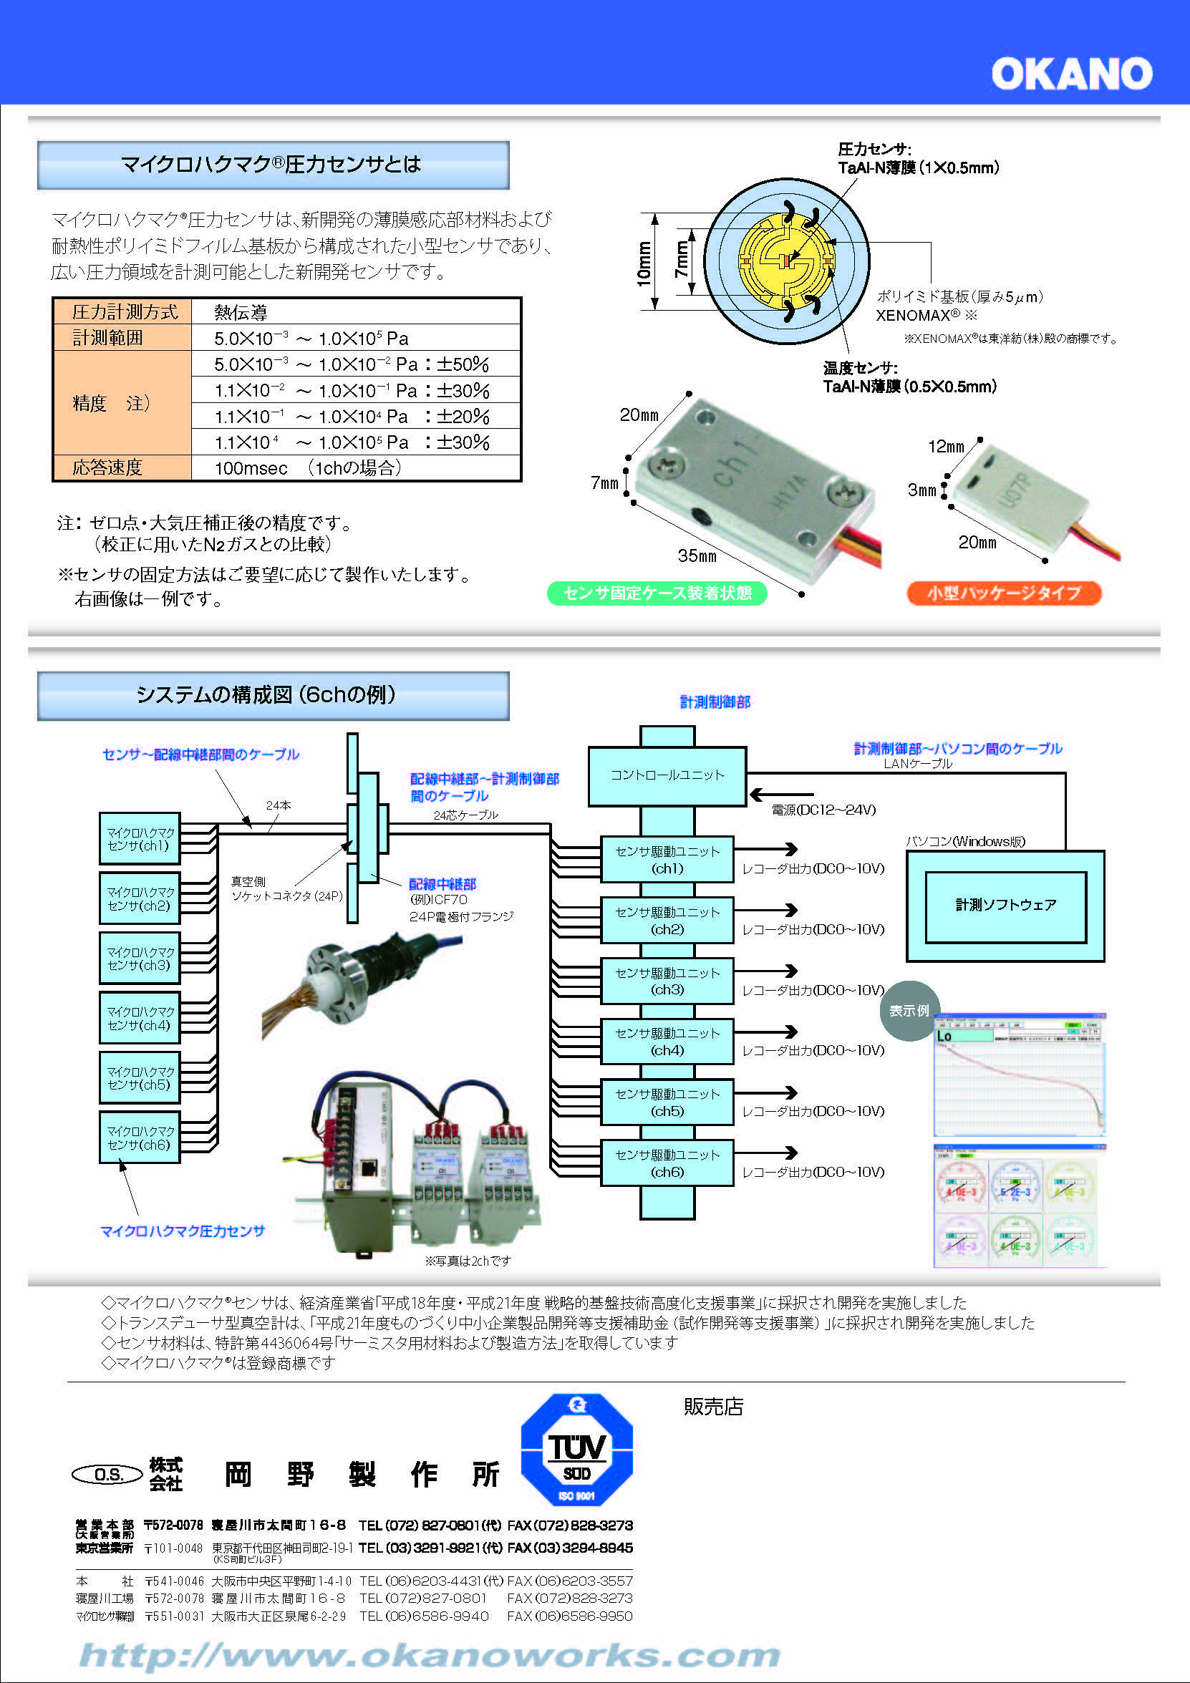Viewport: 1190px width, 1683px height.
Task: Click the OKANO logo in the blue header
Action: (1071, 74)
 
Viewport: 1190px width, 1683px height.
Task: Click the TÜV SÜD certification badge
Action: (576, 1449)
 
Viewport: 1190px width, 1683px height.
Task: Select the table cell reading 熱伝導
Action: (241, 312)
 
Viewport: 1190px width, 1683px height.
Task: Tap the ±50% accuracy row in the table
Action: (352, 364)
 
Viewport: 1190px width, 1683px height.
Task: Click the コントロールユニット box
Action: (667, 775)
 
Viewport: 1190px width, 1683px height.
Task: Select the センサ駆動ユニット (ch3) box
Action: (667, 981)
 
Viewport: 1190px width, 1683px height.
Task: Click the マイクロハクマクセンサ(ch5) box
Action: (140, 1077)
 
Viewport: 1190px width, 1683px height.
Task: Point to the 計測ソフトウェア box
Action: (1005, 906)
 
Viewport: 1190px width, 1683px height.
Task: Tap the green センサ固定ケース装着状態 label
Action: (657, 593)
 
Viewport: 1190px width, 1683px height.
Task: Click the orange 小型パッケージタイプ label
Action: (1004, 593)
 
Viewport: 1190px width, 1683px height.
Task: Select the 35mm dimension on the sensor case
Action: (697, 556)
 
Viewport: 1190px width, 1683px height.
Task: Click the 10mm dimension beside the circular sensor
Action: (644, 263)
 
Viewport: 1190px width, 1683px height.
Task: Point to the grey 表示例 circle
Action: (909, 1011)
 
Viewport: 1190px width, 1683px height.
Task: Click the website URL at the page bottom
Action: (429, 1655)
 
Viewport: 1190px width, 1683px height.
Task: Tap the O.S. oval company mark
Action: (108, 1474)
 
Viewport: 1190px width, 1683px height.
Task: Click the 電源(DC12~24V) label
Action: (823, 810)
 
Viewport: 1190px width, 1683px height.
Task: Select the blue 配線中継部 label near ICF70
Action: (442, 884)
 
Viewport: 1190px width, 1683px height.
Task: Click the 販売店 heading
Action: (712, 1407)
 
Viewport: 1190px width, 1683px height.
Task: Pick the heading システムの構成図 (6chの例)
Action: (273, 695)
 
